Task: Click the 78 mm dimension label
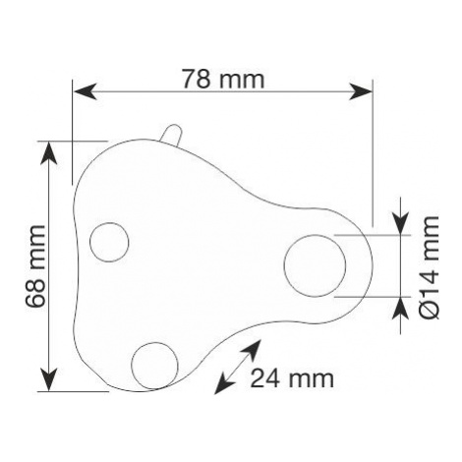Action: (x=223, y=79)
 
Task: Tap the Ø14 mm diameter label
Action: (x=430, y=267)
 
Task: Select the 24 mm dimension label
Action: (x=292, y=377)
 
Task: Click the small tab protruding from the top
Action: (x=172, y=135)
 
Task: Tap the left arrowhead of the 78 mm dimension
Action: (x=85, y=91)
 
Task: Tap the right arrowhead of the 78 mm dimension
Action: (x=361, y=91)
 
